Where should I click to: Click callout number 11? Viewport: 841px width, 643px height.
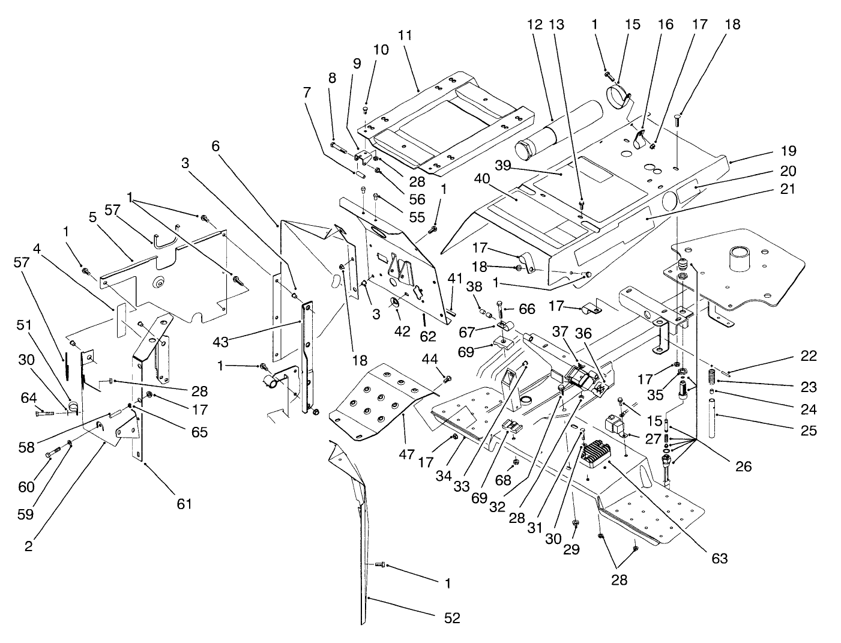click(405, 35)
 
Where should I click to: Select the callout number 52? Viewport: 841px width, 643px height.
click(452, 617)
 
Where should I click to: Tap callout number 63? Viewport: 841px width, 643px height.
click(719, 558)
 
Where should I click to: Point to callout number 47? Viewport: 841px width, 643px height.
click(406, 454)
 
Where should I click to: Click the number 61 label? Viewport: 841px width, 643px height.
click(184, 503)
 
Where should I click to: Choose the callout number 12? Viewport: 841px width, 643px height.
click(535, 25)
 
